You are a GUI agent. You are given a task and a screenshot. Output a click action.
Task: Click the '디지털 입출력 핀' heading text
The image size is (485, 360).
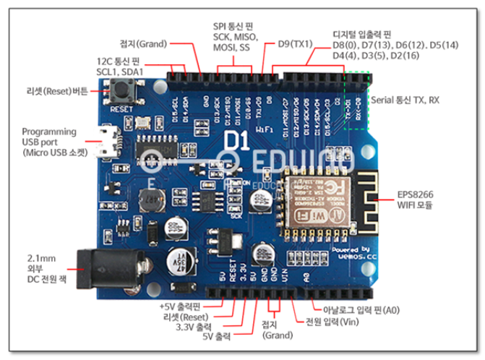pos(361,34)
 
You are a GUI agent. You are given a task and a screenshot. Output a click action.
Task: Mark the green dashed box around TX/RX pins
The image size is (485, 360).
pos(356,100)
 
